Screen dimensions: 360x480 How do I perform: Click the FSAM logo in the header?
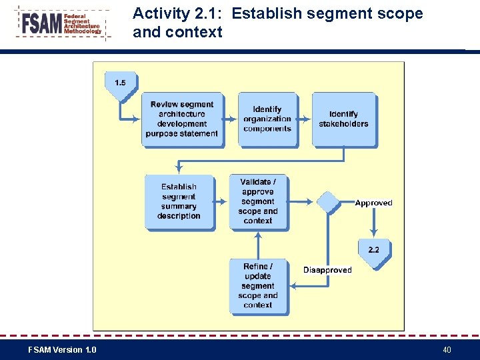point(61,24)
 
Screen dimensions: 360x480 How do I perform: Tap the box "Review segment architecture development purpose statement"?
point(182,119)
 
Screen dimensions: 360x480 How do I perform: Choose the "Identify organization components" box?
point(267,119)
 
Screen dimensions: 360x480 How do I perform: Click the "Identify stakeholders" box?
point(343,119)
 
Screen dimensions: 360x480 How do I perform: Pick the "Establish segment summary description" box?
point(179,201)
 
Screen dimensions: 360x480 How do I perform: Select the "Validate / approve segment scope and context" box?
point(258,201)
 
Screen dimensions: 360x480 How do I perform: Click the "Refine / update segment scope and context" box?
point(258,285)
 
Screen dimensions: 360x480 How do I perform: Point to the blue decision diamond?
point(327,201)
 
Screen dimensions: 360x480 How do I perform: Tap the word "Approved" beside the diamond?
point(373,203)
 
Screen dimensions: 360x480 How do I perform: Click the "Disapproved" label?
point(327,270)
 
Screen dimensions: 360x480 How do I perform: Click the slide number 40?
point(447,350)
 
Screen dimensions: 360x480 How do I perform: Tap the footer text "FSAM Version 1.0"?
point(62,350)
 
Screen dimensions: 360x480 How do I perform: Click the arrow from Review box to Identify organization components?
point(230,119)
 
